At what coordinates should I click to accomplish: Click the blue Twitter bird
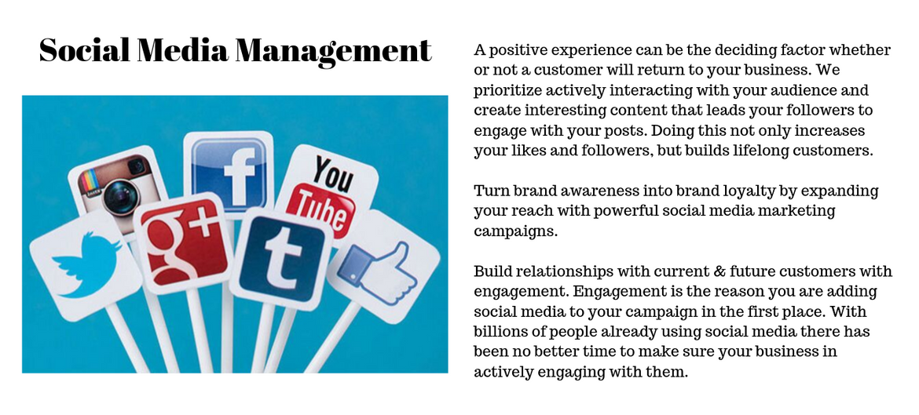coord(86,264)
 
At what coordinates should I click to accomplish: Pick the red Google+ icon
coord(184,242)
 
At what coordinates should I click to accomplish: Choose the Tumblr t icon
coord(281,258)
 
